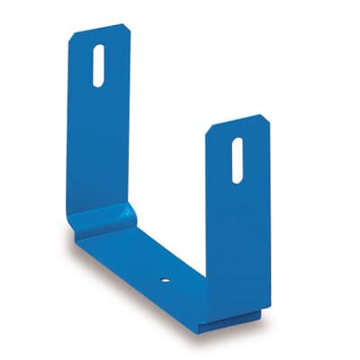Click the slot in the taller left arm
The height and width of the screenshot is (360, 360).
click(98, 66)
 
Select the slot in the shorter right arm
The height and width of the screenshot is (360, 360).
click(237, 160)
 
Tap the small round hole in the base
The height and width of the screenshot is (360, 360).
click(166, 279)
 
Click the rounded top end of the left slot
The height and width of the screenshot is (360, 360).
click(98, 48)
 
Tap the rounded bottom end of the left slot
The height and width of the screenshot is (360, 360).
click(98, 84)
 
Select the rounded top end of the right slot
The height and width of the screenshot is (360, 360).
click(237, 141)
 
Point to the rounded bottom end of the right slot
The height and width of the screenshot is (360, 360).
click(237, 179)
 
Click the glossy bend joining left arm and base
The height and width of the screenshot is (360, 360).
click(103, 218)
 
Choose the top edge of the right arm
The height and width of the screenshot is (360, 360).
click(237, 121)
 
